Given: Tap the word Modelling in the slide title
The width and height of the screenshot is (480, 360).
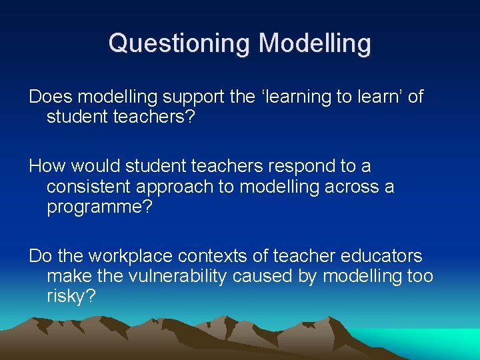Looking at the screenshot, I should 315,43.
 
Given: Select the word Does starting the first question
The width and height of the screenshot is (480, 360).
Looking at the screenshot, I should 51,97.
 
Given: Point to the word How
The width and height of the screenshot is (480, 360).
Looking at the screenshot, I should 45,165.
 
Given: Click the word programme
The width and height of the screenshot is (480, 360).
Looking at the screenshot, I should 99,207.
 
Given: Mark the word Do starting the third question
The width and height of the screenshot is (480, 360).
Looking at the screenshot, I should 39,255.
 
